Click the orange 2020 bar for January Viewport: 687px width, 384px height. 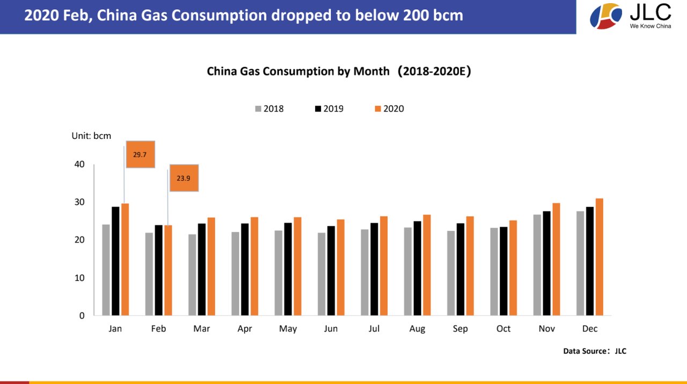pyautogui.click(x=125, y=259)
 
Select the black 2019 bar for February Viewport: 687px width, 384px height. pyautogui.click(x=158, y=270)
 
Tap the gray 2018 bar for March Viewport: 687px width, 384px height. pyautogui.click(x=192, y=275)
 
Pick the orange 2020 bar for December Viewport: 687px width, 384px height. pyautogui.click(x=600, y=257)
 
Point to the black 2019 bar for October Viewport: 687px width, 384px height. pyautogui.click(x=503, y=271)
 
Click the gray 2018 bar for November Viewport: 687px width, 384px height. pyautogui.click(x=537, y=265)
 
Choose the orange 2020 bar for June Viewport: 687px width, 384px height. pyautogui.click(x=341, y=268)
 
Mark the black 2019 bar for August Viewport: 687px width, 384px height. pyautogui.click(x=418, y=269)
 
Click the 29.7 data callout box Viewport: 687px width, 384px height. pyautogui.click(x=141, y=154)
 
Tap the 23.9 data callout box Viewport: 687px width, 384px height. pyautogui.click(x=184, y=178)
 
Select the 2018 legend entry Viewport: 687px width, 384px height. pyautogui.click(x=269, y=109)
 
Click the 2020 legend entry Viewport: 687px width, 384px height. pyautogui.click(x=389, y=109)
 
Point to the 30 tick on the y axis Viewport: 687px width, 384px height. pyautogui.click(x=79, y=202)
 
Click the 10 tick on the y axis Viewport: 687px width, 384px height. pyautogui.click(x=79, y=278)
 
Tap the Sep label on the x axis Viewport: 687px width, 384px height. pyautogui.click(x=460, y=329)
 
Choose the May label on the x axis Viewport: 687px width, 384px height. pyautogui.click(x=288, y=329)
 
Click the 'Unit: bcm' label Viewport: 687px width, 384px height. pyautogui.click(x=91, y=136)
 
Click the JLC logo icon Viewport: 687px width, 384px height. pyautogui.click(x=605, y=16)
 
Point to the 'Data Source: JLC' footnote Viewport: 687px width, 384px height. pyautogui.click(x=595, y=351)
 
